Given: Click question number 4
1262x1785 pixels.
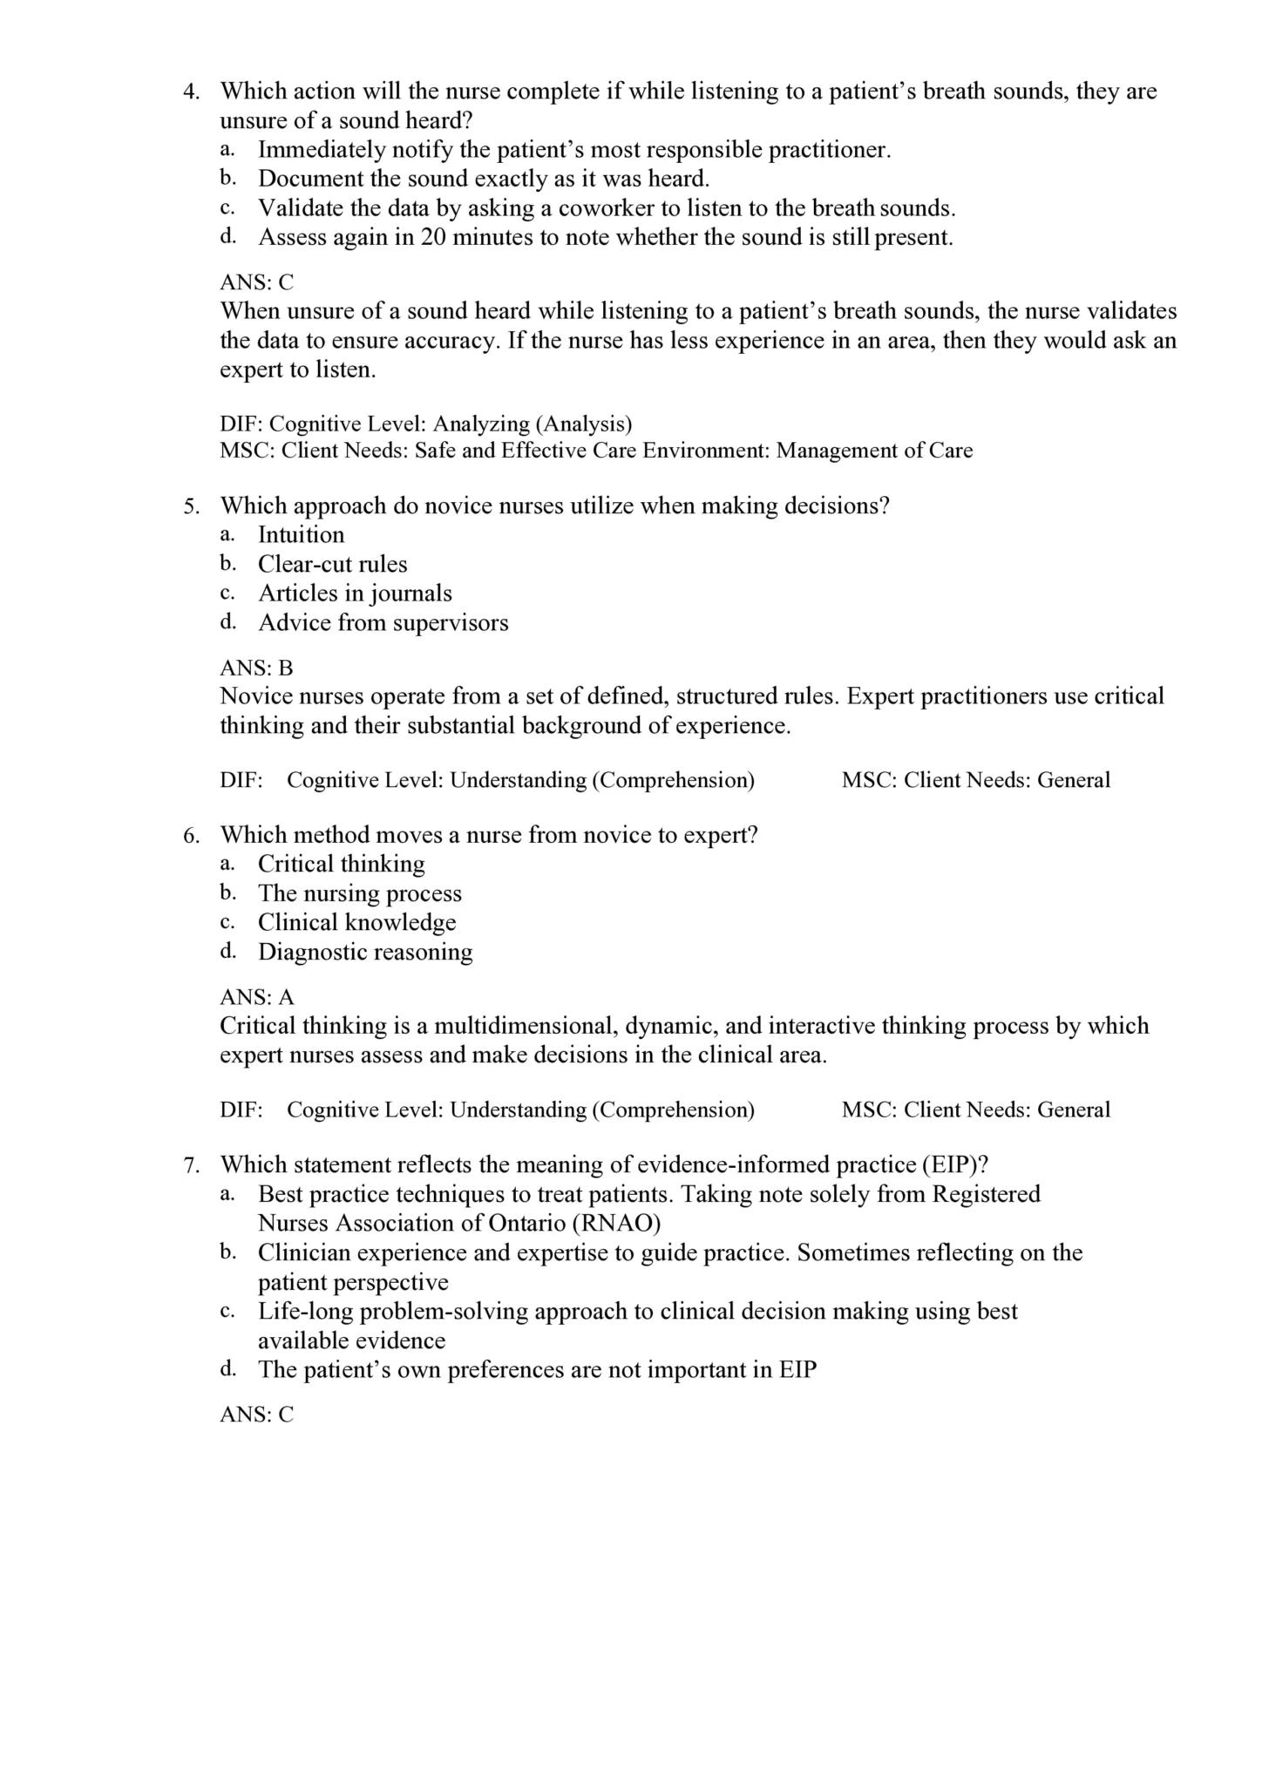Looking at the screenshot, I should pos(192,92).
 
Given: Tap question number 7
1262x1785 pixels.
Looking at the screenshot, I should pos(192,1165).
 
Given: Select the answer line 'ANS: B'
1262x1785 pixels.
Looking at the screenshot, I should pos(256,669).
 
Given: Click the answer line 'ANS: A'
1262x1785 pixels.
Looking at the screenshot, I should pos(256,997).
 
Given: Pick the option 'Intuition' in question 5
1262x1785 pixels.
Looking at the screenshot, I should pos(301,535).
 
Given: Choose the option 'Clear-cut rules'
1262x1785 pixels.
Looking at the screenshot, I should pos(332,565).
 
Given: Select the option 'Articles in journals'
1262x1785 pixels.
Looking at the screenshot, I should pos(355,594).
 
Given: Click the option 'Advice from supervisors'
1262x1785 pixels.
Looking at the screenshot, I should pos(383,623).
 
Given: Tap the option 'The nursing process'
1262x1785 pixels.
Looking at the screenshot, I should pos(359,893).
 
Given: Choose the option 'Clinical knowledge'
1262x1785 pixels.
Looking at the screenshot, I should pos(356,923).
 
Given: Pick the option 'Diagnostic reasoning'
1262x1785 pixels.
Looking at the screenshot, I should pos(365,952).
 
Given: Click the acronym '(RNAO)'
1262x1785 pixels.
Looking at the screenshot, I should pos(616,1224).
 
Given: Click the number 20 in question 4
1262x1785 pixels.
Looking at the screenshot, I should pos(433,238).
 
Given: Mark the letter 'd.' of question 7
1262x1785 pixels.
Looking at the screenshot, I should pos(228,1368).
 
